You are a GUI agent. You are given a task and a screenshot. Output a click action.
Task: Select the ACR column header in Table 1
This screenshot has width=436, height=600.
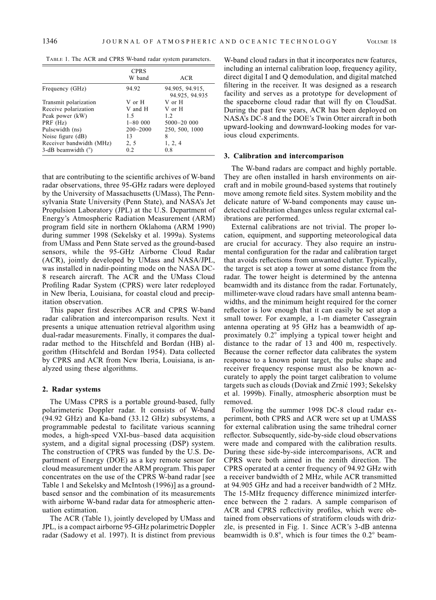[186, 78]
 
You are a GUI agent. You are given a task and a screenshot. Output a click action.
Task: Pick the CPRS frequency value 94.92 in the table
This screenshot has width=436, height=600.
[133, 89]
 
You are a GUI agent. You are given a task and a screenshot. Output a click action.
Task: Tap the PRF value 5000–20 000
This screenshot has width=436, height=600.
[182, 123]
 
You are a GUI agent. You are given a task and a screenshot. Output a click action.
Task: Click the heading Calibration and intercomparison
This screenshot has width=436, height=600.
[288, 156]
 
